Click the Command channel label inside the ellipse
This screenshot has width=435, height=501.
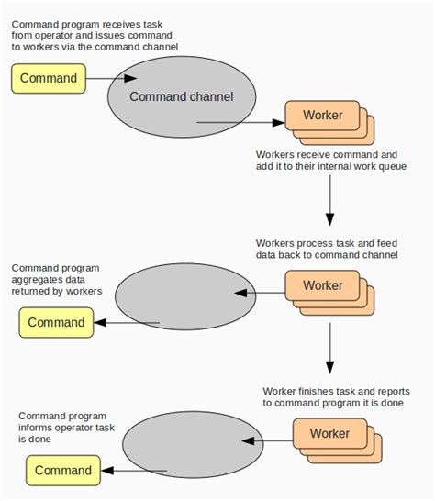[x=181, y=96]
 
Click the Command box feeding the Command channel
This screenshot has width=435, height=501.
[x=49, y=78]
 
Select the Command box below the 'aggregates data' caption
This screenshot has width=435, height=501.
[x=56, y=322]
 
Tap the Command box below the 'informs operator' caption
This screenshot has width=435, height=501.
[x=63, y=471]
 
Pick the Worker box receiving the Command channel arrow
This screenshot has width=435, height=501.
[x=321, y=116]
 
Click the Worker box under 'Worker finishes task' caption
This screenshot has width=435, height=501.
[x=329, y=433]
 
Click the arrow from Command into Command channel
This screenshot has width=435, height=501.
[x=106, y=79]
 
